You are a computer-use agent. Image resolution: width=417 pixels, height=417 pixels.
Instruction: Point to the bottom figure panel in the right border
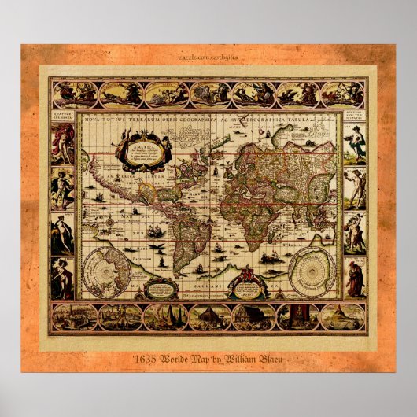coord(355,277)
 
